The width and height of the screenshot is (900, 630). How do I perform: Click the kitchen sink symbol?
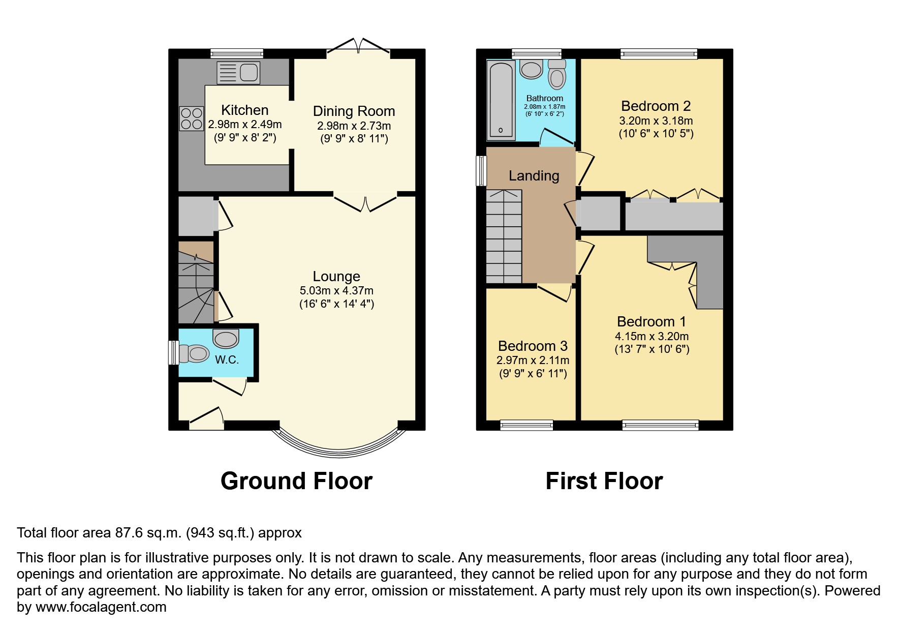(x=238, y=73)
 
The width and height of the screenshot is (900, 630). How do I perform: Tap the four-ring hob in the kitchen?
(x=191, y=118)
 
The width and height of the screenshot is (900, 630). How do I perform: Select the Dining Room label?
(x=354, y=111)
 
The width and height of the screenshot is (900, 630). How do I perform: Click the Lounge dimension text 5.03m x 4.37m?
(x=336, y=291)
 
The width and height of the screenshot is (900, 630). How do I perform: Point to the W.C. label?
(x=227, y=359)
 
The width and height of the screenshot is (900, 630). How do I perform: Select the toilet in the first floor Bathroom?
(x=557, y=75)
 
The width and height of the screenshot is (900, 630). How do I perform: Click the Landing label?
(x=534, y=176)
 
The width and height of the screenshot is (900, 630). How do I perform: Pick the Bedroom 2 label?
(x=656, y=106)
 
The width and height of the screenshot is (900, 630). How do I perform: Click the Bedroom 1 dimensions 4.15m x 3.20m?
(x=651, y=336)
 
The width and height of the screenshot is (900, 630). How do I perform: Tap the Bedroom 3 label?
(x=533, y=346)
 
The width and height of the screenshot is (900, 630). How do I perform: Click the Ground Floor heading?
(x=296, y=481)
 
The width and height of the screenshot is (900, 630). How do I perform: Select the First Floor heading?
(x=604, y=481)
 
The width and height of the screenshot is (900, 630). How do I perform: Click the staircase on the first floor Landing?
(x=504, y=237)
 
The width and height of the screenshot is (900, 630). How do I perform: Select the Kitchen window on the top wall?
(x=237, y=53)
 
